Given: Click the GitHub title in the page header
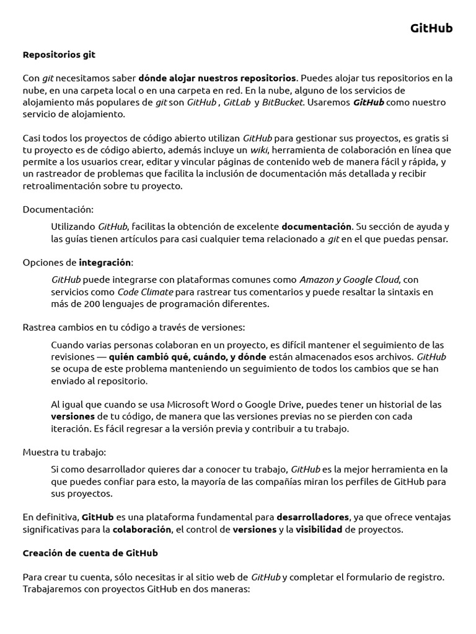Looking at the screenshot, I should pyautogui.click(x=431, y=28).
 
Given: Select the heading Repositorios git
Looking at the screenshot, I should pyautogui.click(x=59, y=54).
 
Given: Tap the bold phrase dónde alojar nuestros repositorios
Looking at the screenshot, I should pyautogui.click(x=217, y=78).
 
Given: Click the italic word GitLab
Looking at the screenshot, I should pyautogui.click(x=237, y=102).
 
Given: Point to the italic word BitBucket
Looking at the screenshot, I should pyautogui.click(x=283, y=102).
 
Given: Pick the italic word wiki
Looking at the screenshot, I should pyautogui.click(x=259, y=150).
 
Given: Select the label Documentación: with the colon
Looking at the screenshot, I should pyautogui.click(x=58, y=209).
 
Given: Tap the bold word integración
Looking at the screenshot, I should pyautogui.click(x=105, y=262).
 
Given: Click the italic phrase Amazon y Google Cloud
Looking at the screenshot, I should pyautogui.click(x=350, y=280).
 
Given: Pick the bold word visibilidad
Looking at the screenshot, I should pyautogui.click(x=319, y=529).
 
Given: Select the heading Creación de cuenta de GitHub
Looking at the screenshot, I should pyautogui.click(x=90, y=553).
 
